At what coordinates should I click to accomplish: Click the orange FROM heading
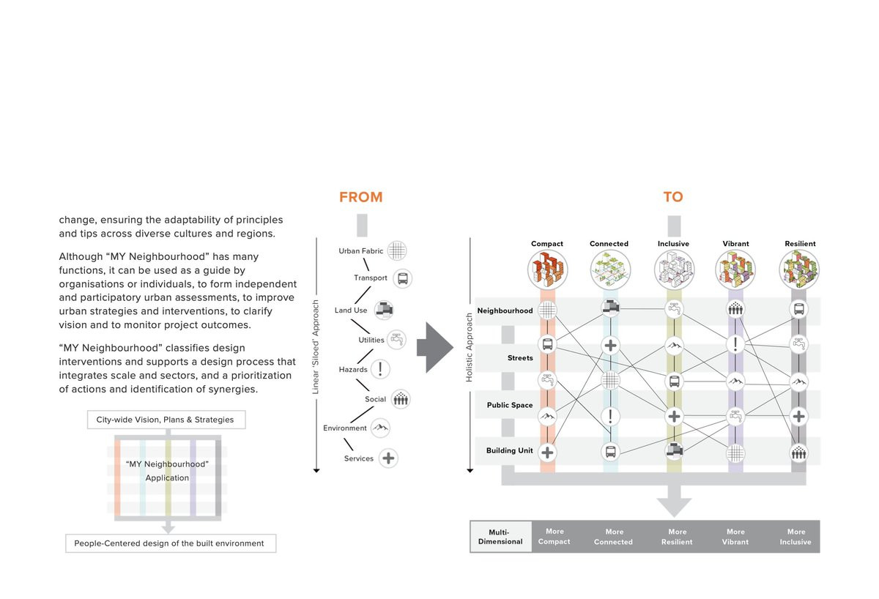360,197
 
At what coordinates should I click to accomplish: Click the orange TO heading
672,197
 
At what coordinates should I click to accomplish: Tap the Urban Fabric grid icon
396,250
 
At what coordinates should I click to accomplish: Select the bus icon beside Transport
401,278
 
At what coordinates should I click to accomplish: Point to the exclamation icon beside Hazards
380,369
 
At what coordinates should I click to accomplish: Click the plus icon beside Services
389,458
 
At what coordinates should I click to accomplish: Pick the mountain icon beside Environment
379,428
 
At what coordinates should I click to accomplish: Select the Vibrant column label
735,244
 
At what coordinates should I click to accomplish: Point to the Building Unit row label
509,450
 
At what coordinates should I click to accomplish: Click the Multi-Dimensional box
500,537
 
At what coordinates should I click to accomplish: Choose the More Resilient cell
678,537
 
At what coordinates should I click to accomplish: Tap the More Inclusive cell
795,537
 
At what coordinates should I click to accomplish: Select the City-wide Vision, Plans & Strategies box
165,420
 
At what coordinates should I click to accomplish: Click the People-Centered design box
170,543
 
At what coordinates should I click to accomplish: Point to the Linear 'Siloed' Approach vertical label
316,347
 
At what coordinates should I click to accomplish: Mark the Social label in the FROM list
376,399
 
